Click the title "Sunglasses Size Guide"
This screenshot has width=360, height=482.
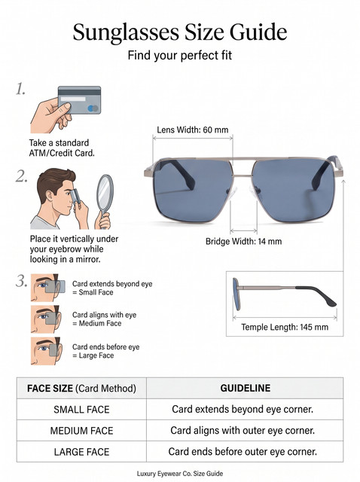coord(180,32)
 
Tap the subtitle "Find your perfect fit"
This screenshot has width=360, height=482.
coord(180,56)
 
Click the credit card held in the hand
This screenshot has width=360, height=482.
coord(80,100)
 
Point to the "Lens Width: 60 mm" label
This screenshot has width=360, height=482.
coord(193,130)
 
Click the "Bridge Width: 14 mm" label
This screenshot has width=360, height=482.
coord(243,241)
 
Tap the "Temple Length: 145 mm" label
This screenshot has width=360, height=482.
coord(285,327)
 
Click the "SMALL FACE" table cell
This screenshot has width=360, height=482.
coord(81,410)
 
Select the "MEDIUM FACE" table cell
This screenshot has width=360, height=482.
coord(81,431)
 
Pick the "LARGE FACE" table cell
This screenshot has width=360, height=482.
coord(81,452)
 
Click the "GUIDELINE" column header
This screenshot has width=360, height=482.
coord(246,388)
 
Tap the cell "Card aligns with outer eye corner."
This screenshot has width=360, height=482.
coord(243,430)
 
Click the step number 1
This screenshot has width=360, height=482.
coord(20,90)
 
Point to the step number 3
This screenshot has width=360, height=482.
coord(22,281)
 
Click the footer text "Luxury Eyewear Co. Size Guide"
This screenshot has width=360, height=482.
coord(180,474)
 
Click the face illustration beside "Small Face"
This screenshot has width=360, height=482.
coord(47,288)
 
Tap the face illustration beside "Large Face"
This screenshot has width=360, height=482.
coord(47,351)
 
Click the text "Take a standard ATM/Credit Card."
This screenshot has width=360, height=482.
coord(62,148)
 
